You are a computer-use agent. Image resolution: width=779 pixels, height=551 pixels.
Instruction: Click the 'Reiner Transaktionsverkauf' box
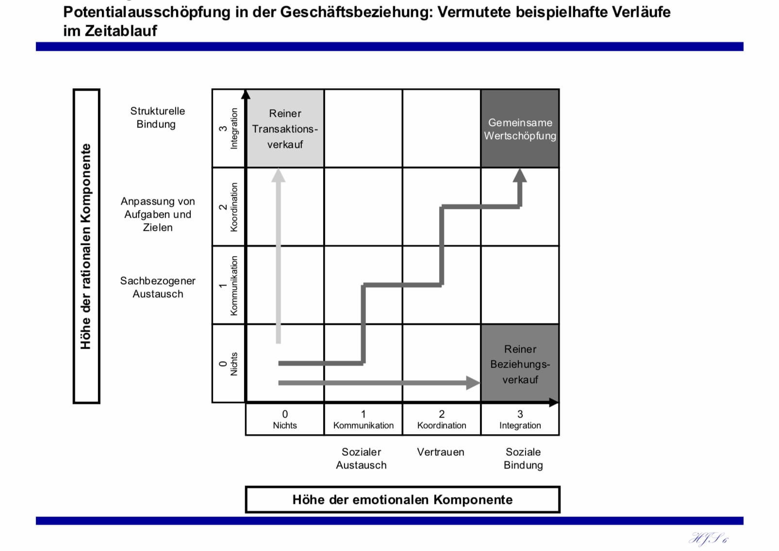tap(285, 129)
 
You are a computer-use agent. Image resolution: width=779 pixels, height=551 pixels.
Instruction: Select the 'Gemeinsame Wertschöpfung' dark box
tap(520, 129)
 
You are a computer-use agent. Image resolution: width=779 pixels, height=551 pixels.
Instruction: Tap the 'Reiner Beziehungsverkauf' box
tap(520, 364)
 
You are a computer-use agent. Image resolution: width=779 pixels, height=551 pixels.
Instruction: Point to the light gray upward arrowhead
tap(278, 176)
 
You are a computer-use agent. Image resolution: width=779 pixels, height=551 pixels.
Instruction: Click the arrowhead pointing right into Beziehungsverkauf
tap(472, 383)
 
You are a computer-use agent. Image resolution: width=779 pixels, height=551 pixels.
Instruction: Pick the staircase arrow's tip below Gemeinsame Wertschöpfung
tap(520, 176)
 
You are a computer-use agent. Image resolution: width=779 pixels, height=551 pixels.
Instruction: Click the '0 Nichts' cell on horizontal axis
tap(285, 420)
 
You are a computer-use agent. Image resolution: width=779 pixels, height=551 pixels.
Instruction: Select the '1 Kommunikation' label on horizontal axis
tap(363, 420)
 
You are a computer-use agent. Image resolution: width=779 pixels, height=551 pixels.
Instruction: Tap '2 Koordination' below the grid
tap(442, 420)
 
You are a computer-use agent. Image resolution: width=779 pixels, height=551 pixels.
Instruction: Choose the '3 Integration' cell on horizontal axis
tap(520, 420)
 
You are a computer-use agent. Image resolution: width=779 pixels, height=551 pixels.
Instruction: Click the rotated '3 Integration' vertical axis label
tap(229, 129)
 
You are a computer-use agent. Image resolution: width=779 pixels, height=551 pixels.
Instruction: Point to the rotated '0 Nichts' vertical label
tap(229, 364)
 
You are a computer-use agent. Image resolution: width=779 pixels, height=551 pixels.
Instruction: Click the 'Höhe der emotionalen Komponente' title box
tap(402, 500)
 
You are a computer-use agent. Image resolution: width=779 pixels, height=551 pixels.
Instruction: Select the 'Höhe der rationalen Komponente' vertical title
tap(86, 246)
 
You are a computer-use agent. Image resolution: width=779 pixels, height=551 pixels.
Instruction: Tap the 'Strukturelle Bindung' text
tap(157, 117)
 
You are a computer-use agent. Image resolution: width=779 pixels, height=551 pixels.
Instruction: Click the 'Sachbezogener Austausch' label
tap(158, 287)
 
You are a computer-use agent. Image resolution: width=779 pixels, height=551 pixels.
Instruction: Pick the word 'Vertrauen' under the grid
tap(441, 452)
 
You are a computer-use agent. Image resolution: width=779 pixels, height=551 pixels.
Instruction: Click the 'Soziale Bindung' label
tap(523, 458)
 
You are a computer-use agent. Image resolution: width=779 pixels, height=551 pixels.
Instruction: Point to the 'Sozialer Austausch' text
tap(362, 458)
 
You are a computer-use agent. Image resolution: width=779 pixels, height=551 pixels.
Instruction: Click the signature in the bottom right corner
tap(709, 538)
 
